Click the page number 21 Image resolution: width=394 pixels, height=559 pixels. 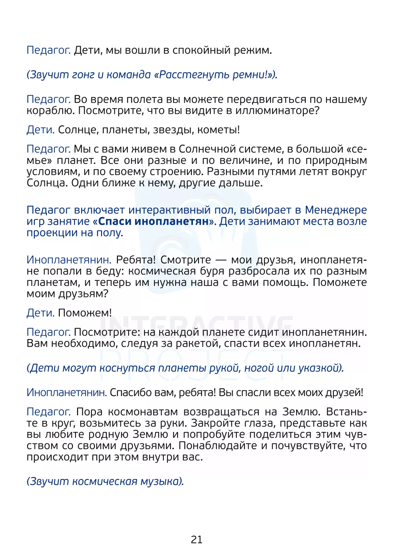(197, 539)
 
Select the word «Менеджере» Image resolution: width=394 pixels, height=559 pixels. (336, 210)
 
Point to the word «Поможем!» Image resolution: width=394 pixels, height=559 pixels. (84, 313)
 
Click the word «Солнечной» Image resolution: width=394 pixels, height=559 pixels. (208, 149)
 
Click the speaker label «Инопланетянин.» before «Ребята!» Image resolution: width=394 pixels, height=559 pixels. (69, 260)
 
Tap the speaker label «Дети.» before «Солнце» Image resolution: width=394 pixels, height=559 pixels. (41, 130)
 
